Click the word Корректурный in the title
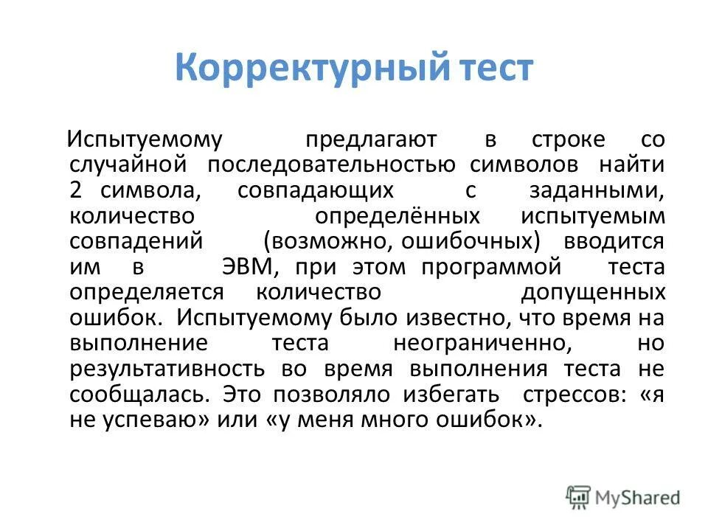(310, 69)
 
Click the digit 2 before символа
(77, 190)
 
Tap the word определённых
(398, 216)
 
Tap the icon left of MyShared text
(578, 497)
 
